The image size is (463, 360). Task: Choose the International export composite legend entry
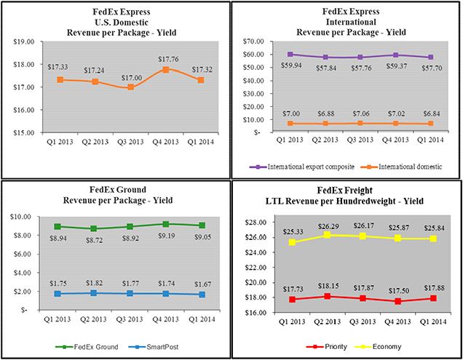click(309, 167)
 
